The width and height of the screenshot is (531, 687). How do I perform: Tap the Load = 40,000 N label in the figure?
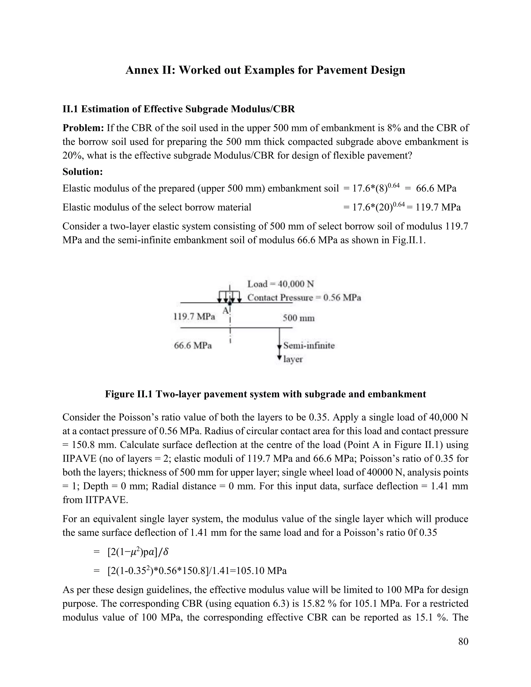tap(281, 284)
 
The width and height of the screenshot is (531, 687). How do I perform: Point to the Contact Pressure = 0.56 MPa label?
tap(304, 298)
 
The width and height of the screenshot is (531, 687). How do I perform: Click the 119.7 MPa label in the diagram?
tap(194, 317)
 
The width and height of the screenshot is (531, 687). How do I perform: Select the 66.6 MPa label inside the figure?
tap(193, 346)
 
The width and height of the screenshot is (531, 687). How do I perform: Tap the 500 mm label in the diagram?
tap(298, 318)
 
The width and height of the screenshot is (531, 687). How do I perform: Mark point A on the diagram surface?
tap(230, 304)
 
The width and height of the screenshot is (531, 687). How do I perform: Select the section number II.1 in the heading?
tap(71, 109)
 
